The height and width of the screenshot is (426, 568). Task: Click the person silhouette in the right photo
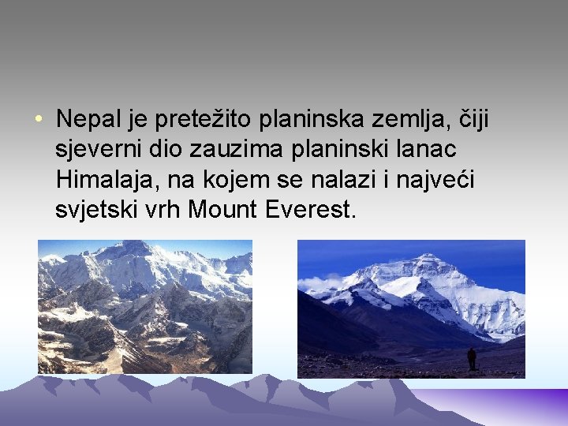pyautogui.click(x=472, y=359)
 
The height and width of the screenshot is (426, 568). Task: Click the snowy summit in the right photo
pyautogui.click(x=427, y=260)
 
